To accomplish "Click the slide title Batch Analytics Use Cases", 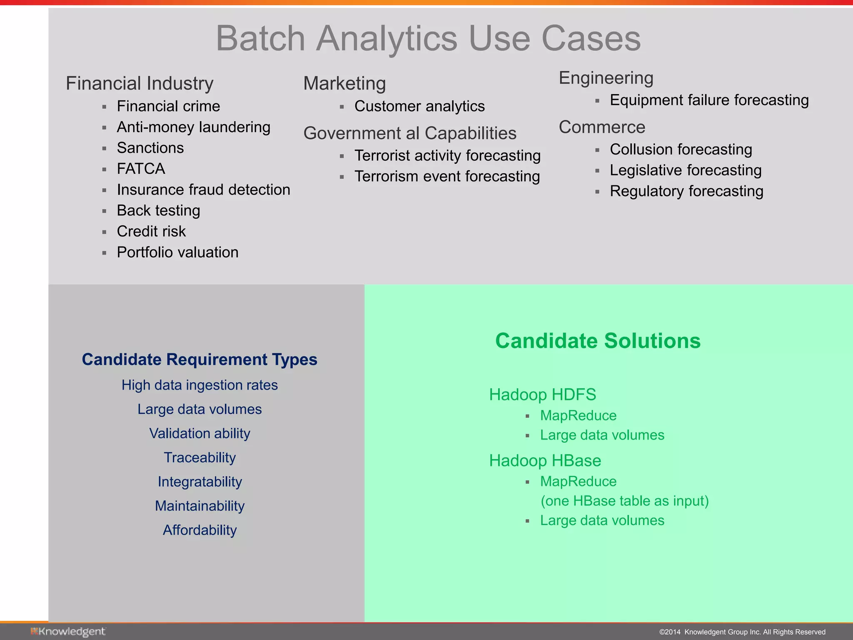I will (428, 38).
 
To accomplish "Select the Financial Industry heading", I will (140, 83).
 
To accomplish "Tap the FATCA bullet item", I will (141, 169).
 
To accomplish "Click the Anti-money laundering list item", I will (193, 127).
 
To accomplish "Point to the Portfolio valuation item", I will (177, 252).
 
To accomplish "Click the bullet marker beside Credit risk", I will (104, 232).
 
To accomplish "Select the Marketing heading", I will (344, 83).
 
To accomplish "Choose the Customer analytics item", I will (419, 106).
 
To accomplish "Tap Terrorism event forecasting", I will (447, 177).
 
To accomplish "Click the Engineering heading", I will (606, 78).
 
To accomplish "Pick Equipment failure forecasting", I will (709, 100).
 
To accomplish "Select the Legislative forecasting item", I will (686, 170).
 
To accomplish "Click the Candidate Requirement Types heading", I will (200, 360).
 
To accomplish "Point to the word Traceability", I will (200, 457).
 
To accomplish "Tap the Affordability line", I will (200, 530).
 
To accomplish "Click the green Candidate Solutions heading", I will (598, 341).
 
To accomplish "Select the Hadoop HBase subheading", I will (545, 461).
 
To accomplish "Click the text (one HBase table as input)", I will (624, 501).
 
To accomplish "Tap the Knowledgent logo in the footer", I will (68, 632).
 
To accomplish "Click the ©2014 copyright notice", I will (742, 632).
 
